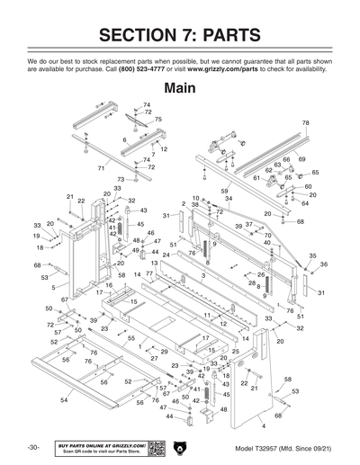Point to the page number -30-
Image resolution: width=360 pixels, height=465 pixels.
tap(33, 447)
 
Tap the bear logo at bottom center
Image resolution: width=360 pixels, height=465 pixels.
tap(180, 447)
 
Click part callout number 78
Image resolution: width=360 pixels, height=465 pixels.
tap(305, 122)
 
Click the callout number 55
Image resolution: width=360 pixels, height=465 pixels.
tap(131, 338)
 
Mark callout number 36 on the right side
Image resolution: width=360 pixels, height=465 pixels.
tap(323, 264)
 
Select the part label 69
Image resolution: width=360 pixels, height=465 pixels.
tap(301, 159)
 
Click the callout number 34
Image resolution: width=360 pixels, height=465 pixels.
tap(229, 199)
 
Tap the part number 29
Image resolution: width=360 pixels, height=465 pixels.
tap(164, 352)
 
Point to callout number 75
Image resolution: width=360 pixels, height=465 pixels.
tap(157, 120)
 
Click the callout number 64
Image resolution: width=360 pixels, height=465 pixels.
tap(305, 203)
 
